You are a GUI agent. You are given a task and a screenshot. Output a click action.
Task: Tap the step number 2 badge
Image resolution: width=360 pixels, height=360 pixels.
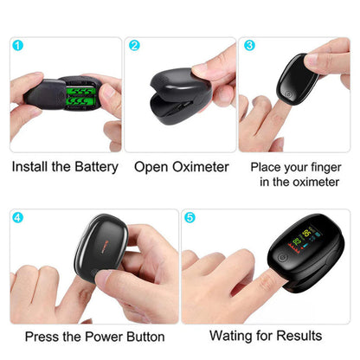[x=134, y=45]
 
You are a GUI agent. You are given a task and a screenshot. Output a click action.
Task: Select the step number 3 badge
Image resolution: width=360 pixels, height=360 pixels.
[x=249, y=45]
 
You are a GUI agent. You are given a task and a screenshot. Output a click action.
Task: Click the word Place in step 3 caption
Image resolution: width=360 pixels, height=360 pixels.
[x=267, y=166]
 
